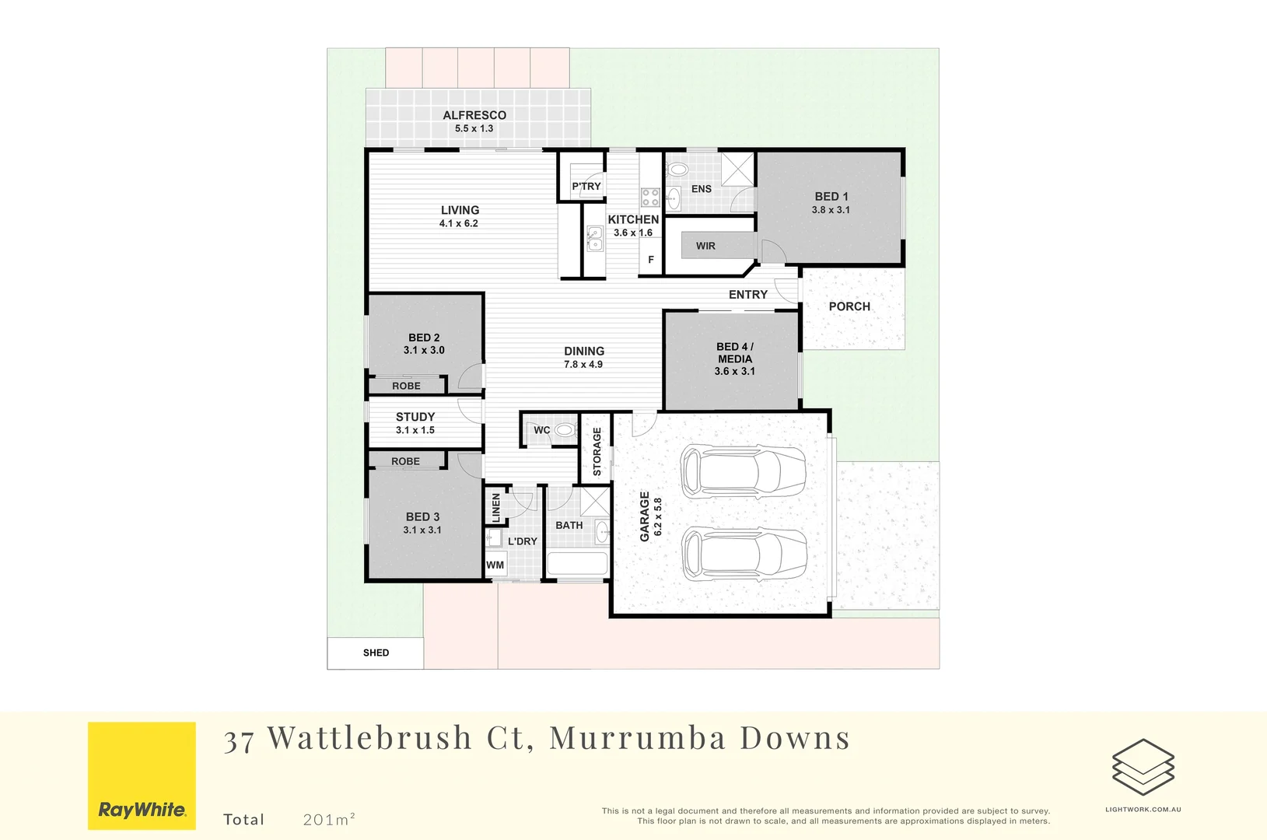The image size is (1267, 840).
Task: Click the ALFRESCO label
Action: pos(474,115)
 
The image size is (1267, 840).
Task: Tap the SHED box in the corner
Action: pos(376,653)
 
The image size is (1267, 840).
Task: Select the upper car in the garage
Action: pos(743,471)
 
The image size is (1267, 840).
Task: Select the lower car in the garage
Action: pos(744,554)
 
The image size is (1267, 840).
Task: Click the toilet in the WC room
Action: pos(565,430)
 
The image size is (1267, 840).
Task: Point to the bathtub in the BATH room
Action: pos(577,564)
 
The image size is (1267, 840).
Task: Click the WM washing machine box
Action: pos(495,565)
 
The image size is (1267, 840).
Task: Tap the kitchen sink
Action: pos(594,239)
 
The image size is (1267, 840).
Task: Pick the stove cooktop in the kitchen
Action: pos(650,197)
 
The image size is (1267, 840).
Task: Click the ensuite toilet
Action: pos(678,170)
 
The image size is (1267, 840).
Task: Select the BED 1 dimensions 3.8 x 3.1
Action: pos(831,210)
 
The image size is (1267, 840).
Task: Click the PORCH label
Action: pos(849,306)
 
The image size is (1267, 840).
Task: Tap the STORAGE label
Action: pos(597,452)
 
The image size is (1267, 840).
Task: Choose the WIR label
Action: pos(705,246)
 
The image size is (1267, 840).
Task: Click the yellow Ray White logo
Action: pos(142,775)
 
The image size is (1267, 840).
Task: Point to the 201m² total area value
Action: pos(329,819)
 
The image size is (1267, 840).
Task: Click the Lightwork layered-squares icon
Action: pos(1143,767)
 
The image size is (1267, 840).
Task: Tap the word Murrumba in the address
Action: pos(637,738)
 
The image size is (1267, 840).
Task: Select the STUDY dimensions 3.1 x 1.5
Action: pos(415,430)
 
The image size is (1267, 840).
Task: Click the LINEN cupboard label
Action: pos(496,508)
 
